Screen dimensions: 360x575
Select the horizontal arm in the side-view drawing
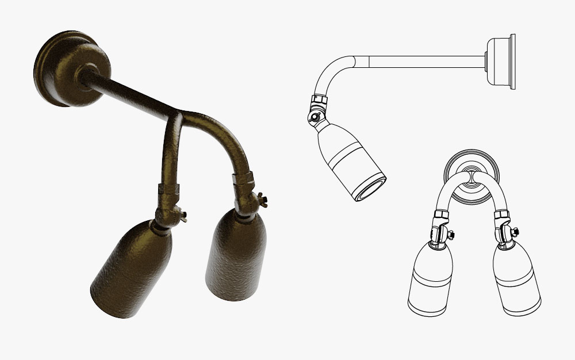(x=425, y=60)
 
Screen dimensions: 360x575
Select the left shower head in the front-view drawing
(x=431, y=276)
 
